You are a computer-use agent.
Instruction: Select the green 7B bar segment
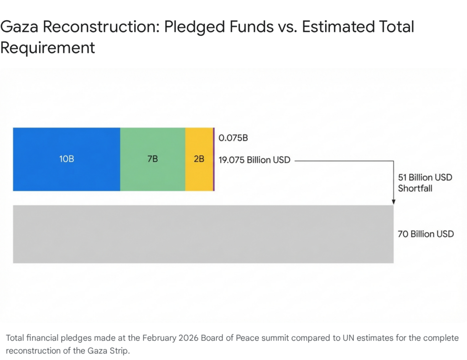(x=153, y=175)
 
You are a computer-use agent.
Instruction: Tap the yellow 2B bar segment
(x=199, y=175)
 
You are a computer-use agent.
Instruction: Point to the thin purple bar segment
(x=213, y=159)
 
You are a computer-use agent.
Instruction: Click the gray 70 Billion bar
(x=203, y=234)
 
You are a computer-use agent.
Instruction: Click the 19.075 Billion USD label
(x=254, y=160)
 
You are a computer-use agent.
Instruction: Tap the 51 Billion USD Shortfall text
(x=425, y=182)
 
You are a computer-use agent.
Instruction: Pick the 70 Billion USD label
(x=426, y=234)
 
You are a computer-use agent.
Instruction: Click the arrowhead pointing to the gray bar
(x=393, y=201)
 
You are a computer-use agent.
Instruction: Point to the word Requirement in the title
(x=48, y=47)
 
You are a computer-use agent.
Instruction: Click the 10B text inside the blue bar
(x=67, y=159)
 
